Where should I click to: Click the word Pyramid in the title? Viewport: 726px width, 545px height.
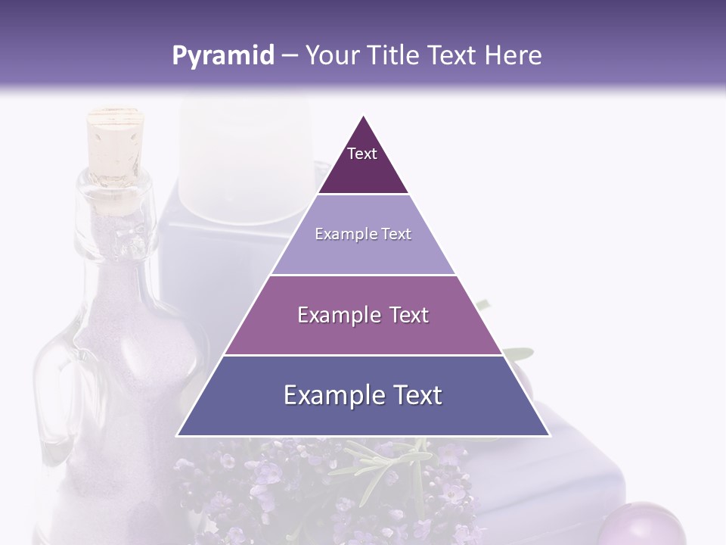click(222, 56)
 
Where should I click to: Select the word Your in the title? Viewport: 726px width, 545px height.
click(330, 56)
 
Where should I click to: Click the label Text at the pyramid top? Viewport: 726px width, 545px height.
click(362, 154)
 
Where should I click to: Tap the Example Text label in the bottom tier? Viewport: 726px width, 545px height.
click(363, 395)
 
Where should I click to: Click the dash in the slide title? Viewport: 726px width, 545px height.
click(290, 56)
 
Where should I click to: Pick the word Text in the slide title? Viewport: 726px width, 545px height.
click(452, 56)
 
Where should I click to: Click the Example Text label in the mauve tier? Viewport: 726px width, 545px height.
click(363, 315)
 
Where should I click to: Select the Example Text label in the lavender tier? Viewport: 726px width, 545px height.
click(363, 234)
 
